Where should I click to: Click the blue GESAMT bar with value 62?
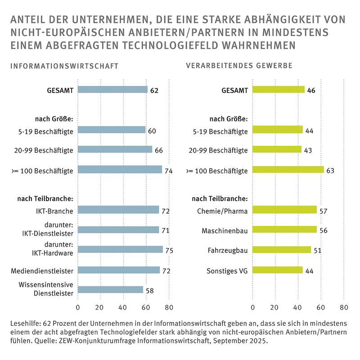point(112,90)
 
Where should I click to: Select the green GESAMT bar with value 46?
point(278,90)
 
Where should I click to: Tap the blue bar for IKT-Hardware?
point(120,249)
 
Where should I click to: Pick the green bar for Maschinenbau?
point(284,229)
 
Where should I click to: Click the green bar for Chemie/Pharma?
point(284,210)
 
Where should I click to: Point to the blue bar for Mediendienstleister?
point(119,270)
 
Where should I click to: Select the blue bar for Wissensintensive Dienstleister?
point(110,290)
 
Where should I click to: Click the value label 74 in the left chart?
point(169,170)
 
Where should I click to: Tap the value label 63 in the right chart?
point(331,170)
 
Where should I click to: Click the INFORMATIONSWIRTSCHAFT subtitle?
point(64,66)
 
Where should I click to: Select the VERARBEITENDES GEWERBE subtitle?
point(239,66)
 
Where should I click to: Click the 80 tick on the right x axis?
point(343,308)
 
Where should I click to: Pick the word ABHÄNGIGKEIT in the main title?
point(284,20)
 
